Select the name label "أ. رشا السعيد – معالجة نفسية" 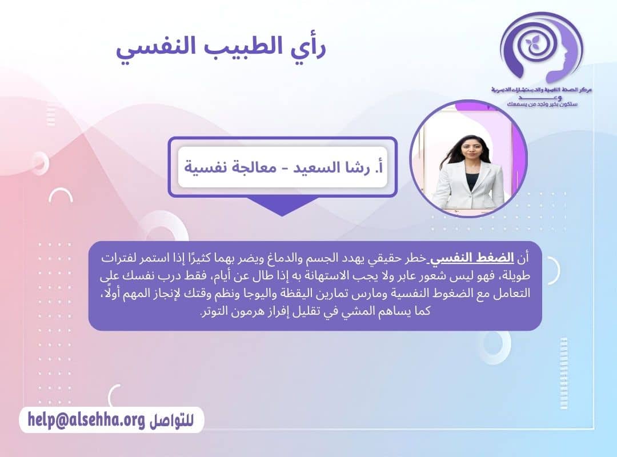coord(283,167)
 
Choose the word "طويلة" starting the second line coord(517,277)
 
